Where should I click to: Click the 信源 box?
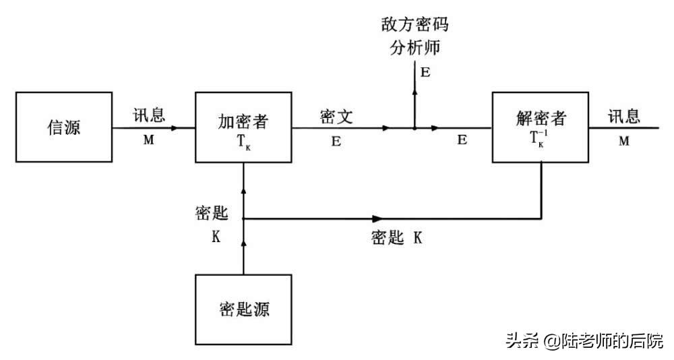[x=63, y=127]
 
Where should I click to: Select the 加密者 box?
[x=244, y=127]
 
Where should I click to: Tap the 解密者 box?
[x=541, y=127]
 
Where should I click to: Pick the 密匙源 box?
[x=244, y=309]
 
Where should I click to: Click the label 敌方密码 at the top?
[x=415, y=26]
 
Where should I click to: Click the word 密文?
[x=337, y=117]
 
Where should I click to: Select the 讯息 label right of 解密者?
[x=624, y=116]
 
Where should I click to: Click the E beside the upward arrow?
[x=425, y=72]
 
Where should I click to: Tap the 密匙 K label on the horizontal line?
[x=397, y=237]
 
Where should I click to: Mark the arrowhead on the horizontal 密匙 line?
[x=377, y=218]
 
